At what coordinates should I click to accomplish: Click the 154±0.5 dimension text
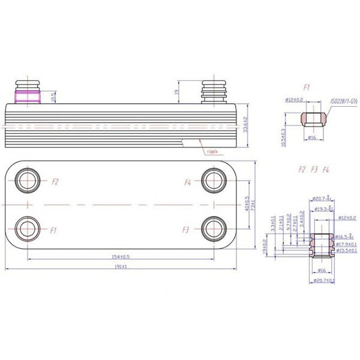pyautogui.click(x=121, y=257)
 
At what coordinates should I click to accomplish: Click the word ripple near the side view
pyautogui.click(x=212, y=152)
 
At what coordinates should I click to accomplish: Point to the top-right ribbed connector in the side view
pyautogui.click(x=213, y=91)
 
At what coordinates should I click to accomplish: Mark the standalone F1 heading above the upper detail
pyautogui.click(x=307, y=88)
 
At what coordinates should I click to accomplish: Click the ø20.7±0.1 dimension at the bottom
pyautogui.click(x=323, y=281)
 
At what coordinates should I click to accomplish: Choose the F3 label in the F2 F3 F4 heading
pyautogui.click(x=314, y=170)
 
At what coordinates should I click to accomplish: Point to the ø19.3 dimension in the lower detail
pyautogui.click(x=325, y=208)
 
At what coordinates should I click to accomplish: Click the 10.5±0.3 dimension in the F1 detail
pyautogui.click(x=283, y=136)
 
